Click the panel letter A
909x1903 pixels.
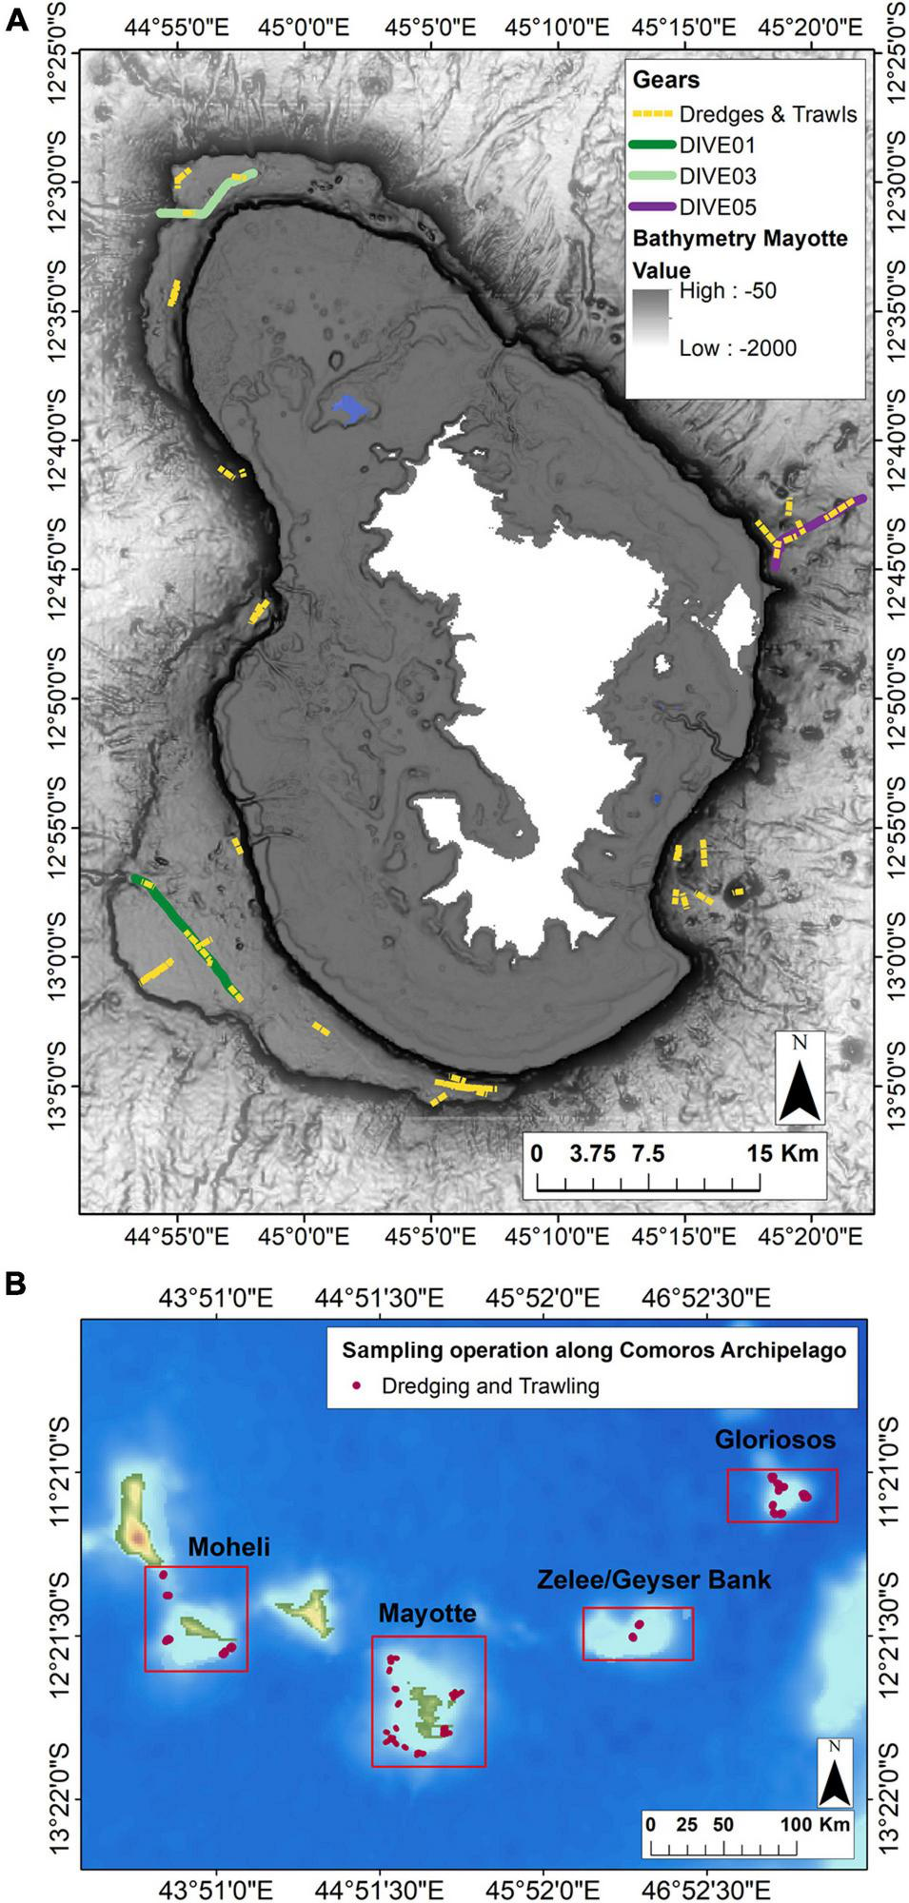click(x=16, y=21)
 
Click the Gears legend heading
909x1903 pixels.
click(x=665, y=80)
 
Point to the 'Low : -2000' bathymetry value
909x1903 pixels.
click(x=737, y=348)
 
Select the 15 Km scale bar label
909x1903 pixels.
click(x=782, y=1154)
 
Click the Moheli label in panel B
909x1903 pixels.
click(x=228, y=1547)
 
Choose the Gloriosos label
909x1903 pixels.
click(x=775, y=1440)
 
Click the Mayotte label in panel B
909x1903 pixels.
click(x=426, y=1614)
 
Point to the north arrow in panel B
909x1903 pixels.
click(x=835, y=1774)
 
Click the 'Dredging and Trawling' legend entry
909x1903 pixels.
click(x=489, y=1386)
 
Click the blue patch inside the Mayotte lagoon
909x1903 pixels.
click(x=350, y=407)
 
